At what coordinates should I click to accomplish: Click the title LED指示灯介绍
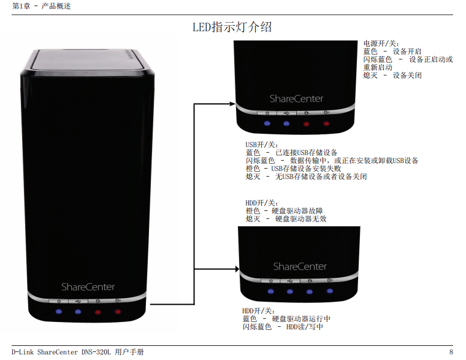pyautogui.click(x=232, y=28)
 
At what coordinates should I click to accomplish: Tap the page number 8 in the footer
pyautogui.click(x=451, y=352)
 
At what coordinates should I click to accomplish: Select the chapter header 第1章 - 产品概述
pyautogui.click(x=37, y=6)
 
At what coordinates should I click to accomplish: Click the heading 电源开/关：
pyautogui.click(x=381, y=44)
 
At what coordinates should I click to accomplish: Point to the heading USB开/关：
pyautogui.click(x=262, y=145)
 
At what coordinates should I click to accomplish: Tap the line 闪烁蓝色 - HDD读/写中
pyautogui.click(x=283, y=327)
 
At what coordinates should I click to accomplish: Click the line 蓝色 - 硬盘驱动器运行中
pyautogui.click(x=286, y=320)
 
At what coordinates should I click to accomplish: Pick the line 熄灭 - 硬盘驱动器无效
pyautogui.click(x=286, y=219)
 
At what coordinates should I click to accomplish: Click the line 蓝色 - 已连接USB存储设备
pyautogui.click(x=291, y=153)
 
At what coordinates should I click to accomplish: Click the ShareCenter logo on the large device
pyautogui.click(x=88, y=287)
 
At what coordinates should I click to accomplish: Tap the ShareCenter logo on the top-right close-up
pyautogui.click(x=296, y=99)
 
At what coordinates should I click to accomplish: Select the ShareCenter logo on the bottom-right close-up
pyautogui.click(x=300, y=267)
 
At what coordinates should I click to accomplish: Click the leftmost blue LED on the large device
pyautogui.click(x=58, y=312)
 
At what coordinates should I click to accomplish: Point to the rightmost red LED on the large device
pyautogui.click(x=118, y=312)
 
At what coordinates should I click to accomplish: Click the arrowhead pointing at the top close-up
pyautogui.click(x=232, y=104)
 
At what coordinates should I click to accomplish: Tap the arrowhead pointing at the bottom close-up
pyautogui.click(x=235, y=269)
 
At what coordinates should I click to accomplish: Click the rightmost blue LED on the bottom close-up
pyautogui.click(x=329, y=291)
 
